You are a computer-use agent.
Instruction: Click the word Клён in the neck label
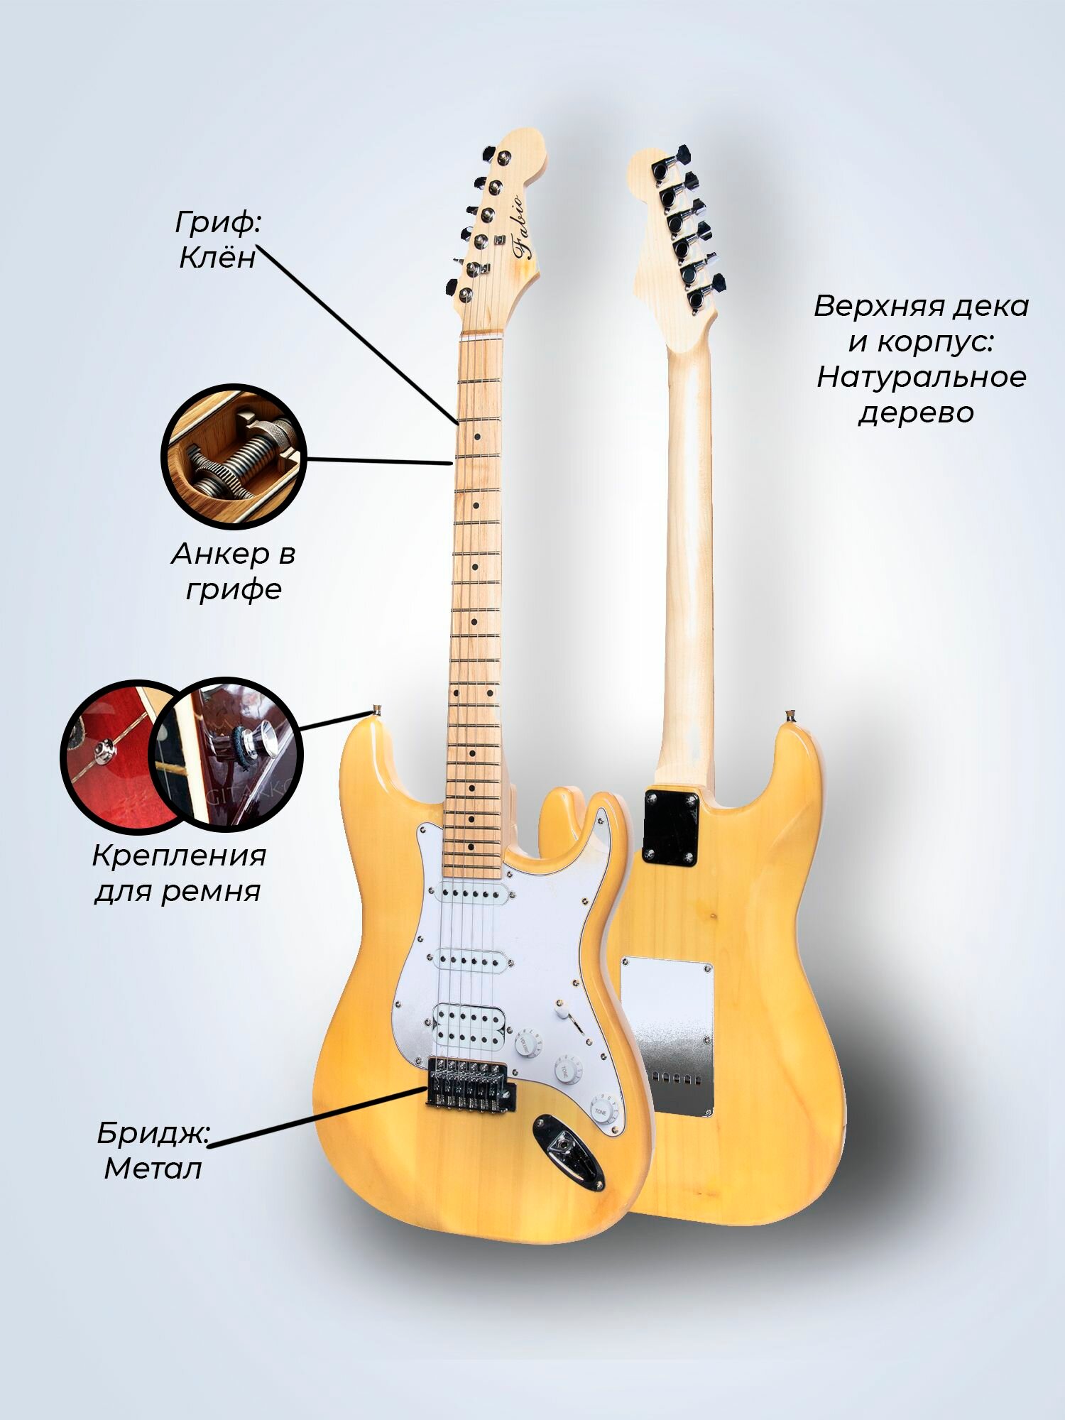[x=217, y=258]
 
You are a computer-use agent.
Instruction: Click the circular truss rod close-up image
[x=234, y=456]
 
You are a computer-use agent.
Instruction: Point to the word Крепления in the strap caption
[x=179, y=856]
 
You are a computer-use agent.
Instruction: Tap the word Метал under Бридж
[x=153, y=1168]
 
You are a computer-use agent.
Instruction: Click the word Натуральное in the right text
[x=921, y=376]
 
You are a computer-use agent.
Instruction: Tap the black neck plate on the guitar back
[x=670, y=828]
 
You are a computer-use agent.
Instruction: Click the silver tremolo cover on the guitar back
[x=667, y=1037]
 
